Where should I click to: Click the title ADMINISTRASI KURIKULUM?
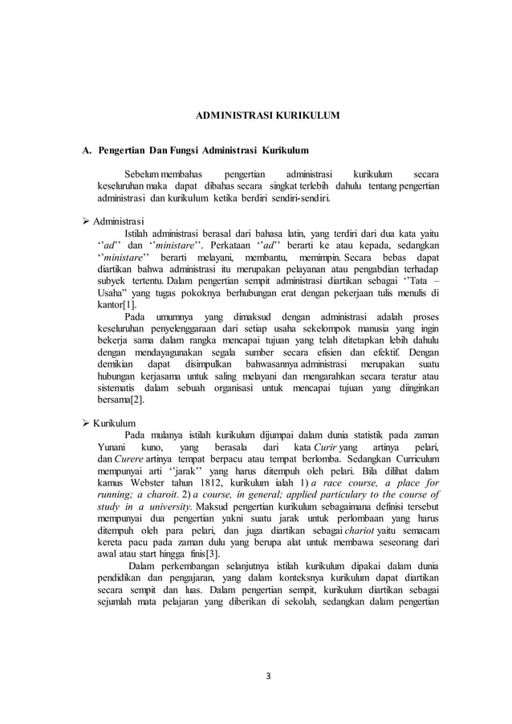point(268,116)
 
